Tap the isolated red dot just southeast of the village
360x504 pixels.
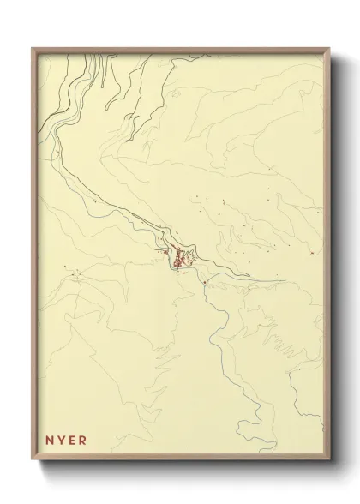point(206,281)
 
